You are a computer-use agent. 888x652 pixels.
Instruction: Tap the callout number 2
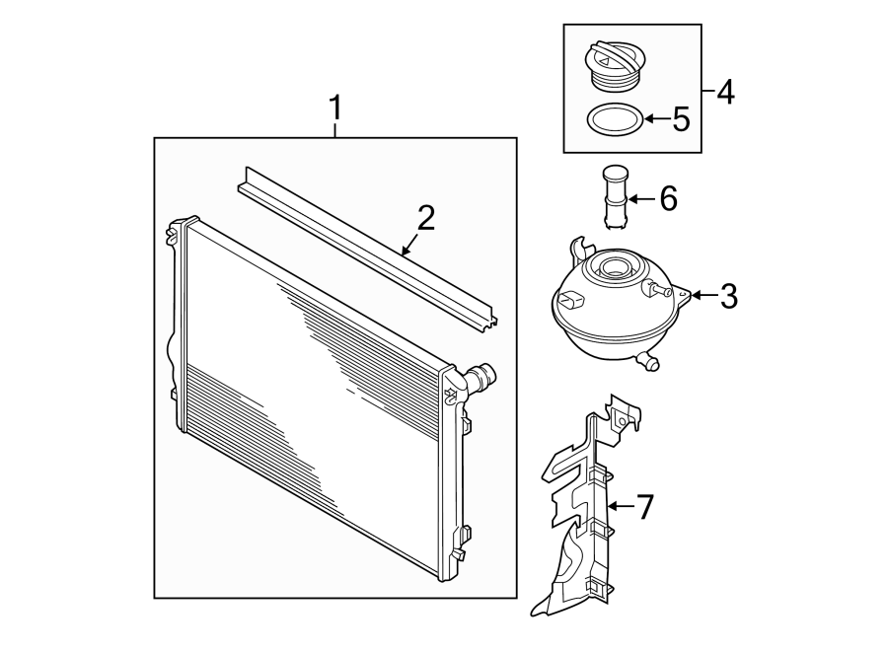coord(425,219)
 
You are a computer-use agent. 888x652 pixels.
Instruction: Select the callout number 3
coord(728,295)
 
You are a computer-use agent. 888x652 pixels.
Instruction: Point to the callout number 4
coord(725,94)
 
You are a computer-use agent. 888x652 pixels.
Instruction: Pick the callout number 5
coord(680,120)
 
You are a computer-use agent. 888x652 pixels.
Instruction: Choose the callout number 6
coord(668,199)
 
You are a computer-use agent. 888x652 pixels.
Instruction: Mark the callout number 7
coord(644,507)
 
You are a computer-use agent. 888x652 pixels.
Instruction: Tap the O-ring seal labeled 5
coord(613,121)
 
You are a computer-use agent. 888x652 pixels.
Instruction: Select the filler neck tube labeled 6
coord(612,198)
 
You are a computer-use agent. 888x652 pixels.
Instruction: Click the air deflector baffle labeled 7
coord(582,513)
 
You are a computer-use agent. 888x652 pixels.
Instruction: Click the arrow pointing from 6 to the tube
coord(636,199)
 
